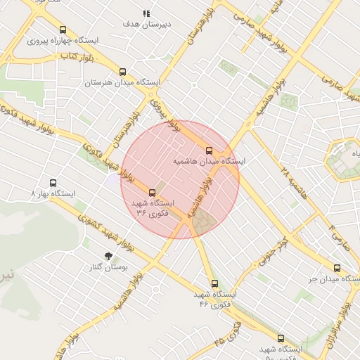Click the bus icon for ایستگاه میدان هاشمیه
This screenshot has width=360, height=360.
[209, 150]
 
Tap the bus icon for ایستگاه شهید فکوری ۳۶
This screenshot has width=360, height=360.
[152, 192]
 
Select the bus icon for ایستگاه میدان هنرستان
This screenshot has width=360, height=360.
[123, 72]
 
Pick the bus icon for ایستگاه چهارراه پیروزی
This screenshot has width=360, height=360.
[63, 30]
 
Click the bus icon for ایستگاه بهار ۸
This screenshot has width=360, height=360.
[53, 183]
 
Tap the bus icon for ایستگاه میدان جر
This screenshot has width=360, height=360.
[337, 268]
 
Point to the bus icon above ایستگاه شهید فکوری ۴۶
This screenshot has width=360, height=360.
[205, 284]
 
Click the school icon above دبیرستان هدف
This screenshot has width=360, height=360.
[146, 13]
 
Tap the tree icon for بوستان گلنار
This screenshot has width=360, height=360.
[108, 257]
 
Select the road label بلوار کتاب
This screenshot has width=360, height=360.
[77, 55]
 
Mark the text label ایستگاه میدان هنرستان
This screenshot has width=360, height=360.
[123, 83]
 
